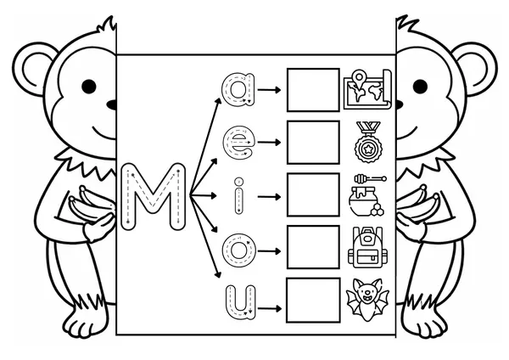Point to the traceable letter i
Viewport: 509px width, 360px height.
239,195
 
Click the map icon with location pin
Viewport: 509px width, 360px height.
367,89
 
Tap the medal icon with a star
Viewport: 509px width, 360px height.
368,143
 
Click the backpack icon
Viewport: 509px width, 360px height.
367,248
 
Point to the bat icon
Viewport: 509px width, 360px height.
367,301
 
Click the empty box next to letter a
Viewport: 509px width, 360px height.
313,90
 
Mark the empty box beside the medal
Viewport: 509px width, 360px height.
313,143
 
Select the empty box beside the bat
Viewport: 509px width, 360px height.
313,301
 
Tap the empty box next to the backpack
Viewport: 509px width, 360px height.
313,248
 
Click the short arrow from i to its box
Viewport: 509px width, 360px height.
269,197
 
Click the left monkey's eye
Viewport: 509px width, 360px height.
89,87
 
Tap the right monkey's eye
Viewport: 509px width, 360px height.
420,87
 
